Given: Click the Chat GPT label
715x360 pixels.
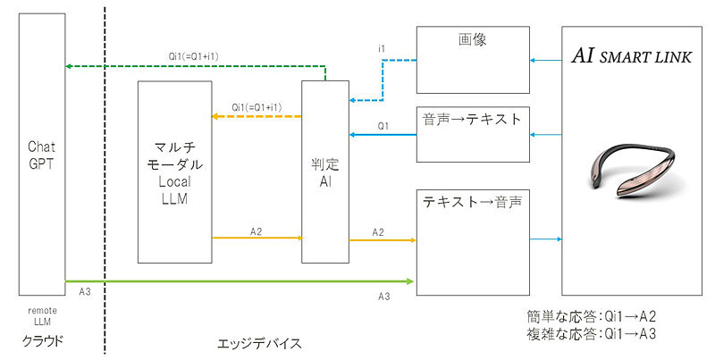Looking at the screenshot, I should click(42, 153).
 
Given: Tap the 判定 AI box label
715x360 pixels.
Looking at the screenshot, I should click(324, 171).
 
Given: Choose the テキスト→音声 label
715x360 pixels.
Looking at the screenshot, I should click(473, 201).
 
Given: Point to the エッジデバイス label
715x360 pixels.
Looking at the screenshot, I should click(260, 342).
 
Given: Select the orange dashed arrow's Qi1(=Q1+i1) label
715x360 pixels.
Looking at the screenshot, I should click(257, 106).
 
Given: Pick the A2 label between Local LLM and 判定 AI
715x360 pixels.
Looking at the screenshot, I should click(256, 230).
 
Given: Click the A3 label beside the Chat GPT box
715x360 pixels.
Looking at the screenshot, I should click(85, 292).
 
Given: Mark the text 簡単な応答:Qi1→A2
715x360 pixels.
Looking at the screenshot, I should click(593, 315).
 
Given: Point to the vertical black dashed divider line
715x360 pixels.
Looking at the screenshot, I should click(105, 179).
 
